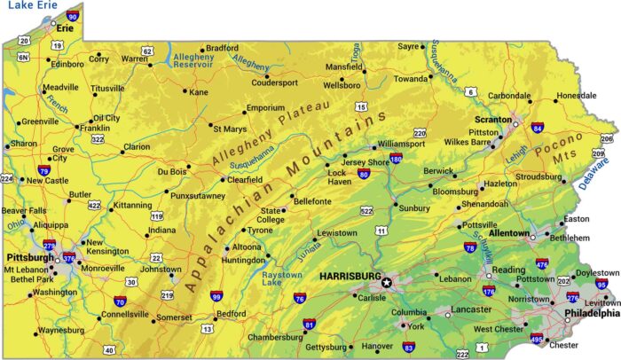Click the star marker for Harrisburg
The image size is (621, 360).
pos(387,283)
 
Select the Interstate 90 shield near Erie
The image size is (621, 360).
pos(72,16)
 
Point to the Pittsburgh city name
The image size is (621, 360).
pos(29,257)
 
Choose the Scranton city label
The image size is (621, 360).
pos(491,118)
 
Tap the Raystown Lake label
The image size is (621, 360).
pos(260,279)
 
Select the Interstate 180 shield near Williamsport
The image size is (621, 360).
pos(396,160)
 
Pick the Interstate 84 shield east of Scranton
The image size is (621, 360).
pos(537,128)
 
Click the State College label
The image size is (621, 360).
pos(271,215)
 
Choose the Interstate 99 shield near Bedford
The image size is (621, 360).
pos(216,297)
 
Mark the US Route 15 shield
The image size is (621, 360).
pos(361,106)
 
